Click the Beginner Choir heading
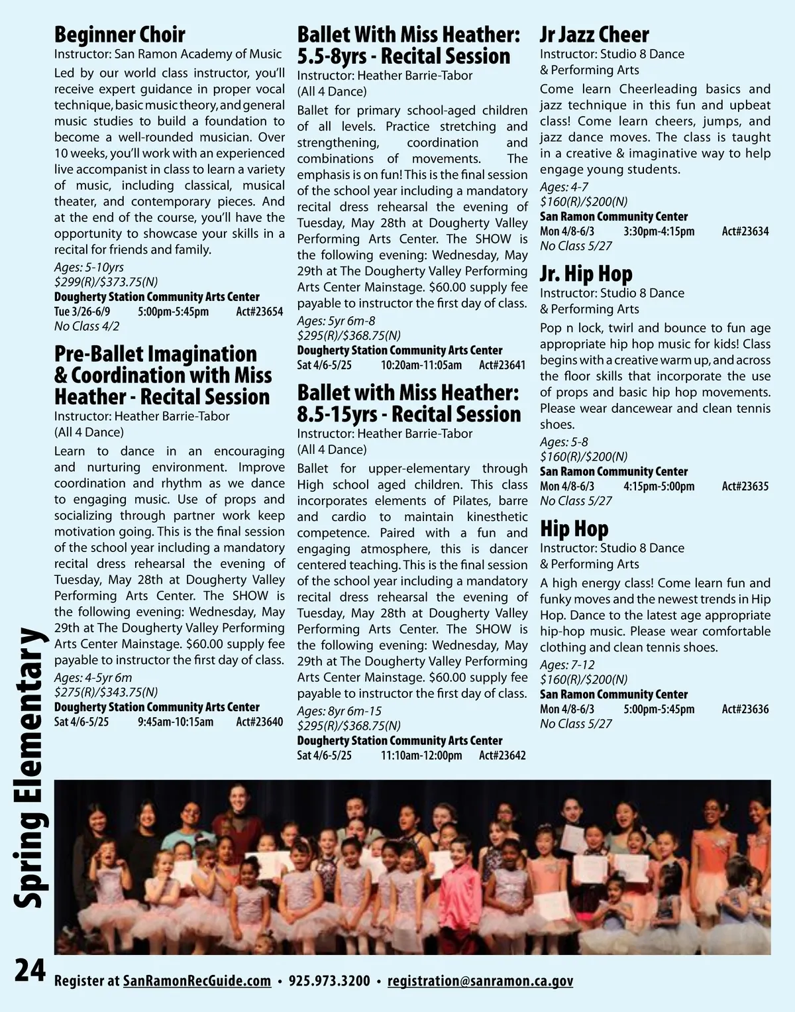[x=119, y=34]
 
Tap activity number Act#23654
[x=259, y=311]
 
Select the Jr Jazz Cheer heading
[x=594, y=34]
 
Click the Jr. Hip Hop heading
[x=586, y=274]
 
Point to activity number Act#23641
[x=502, y=365]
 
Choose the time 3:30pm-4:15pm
[x=659, y=231]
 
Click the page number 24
[x=30, y=971]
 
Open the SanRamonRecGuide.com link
[x=197, y=981]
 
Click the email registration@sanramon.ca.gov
[x=480, y=981]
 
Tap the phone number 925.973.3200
[x=329, y=981]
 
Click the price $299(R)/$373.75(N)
[x=106, y=282]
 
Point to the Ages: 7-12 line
[x=567, y=665]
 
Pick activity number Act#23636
[x=745, y=709]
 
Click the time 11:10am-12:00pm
[x=421, y=756]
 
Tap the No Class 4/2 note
[x=87, y=326]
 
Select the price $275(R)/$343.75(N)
[x=106, y=693]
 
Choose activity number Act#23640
[x=259, y=722]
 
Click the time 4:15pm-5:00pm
[x=659, y=486]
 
